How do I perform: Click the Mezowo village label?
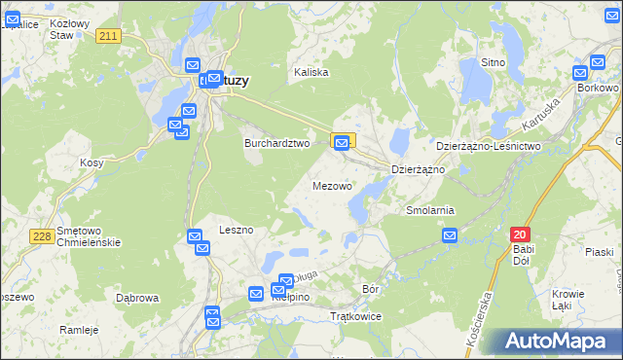pyautogui.click(x=332, y=185)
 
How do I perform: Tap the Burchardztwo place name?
pyautogui.click(x=275, y=142)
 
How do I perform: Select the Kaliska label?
pyautogui.click(x=311, y=72)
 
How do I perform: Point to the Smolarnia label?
pyautogui.click(x=430, y=209)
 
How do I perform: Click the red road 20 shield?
pyautogui.click(x=520, y=234)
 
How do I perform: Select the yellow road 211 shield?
pyautogui.click(x=108, y=36)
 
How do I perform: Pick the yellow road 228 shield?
pyautogui.click(x=41, y=236)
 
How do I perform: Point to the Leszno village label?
pyautogui.click(x=237, y=230)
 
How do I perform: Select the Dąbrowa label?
pyautogui.click(x=136, y=298)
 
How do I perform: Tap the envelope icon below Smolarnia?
pyautogui.click(x=450, y=235)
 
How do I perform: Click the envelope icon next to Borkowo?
pyautogui.click(x=581, y=72)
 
